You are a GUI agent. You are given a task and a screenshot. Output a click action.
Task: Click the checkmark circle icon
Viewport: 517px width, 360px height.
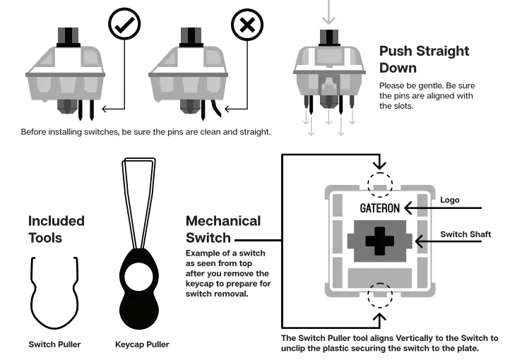(124, 25)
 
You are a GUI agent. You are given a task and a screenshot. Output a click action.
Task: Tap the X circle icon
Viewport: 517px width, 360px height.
(246, 25)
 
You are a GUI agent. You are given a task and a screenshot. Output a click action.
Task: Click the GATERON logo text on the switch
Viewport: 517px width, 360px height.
(379, 208)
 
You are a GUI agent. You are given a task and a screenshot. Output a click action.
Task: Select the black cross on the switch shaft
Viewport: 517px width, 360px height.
(379, 241)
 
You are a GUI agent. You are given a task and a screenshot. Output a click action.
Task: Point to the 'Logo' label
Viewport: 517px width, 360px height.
(449, 200)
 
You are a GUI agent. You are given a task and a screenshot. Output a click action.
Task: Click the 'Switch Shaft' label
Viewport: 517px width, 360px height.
(465, 234)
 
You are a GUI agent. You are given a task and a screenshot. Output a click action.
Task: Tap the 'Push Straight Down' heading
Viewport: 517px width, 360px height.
(424, 59)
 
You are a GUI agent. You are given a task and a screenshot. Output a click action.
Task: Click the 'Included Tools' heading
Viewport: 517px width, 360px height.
(56, 228)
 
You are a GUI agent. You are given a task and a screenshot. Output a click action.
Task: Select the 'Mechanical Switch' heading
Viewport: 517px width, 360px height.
(223, 229)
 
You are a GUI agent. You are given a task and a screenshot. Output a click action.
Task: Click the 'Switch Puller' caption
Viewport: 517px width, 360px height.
(54, 344)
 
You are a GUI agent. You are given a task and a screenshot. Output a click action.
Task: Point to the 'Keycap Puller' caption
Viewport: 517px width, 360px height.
(142, 344)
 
